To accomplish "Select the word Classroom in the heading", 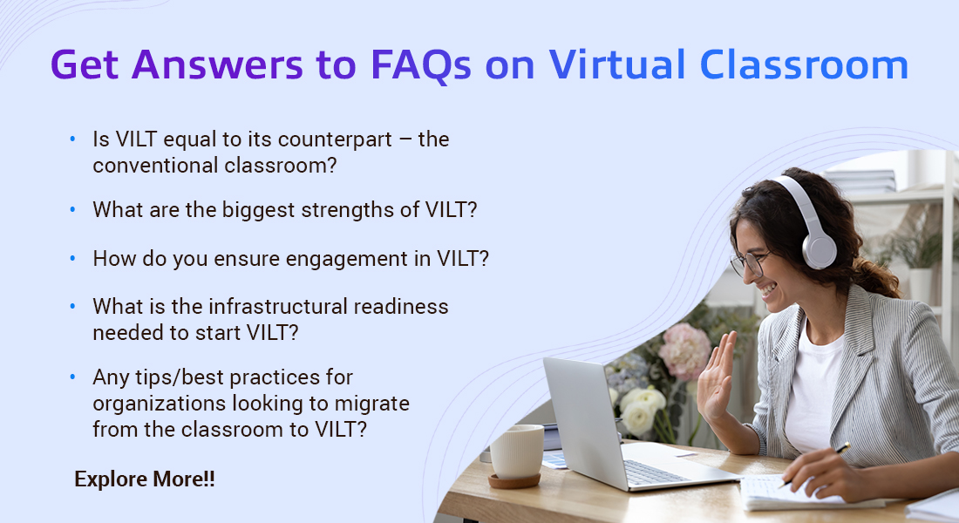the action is coord(804,65).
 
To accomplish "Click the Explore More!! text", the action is coord(145,479).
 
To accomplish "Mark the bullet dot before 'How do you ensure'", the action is coord(72,259).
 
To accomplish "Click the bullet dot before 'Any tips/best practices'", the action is coord(72,377).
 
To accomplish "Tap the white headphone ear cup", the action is coord(819,250).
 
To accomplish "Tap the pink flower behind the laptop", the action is coord(684,351).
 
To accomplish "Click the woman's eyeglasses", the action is coord(748,262).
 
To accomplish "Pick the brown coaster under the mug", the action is coord(514,481).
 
